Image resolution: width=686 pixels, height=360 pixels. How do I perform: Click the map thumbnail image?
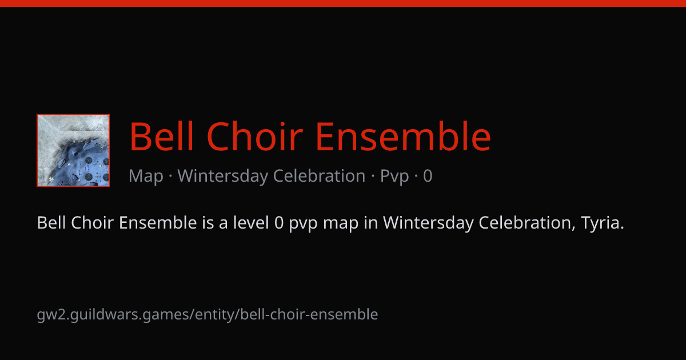[x=73, y=150]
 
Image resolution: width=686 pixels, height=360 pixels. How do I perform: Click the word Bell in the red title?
[x=162, y=136]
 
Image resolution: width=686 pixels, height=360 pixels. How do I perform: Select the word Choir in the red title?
[x=255, y=136]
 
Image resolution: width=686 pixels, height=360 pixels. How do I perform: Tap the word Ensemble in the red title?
[x=404, y=136]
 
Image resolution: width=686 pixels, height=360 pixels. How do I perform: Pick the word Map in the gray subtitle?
[x=146, y=176]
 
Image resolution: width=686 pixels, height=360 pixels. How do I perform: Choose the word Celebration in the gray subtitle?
[x=319, y=176]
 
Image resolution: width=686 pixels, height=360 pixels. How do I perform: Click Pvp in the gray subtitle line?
[x=394, y=177]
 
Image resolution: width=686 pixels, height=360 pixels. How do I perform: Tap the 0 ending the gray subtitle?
[x=428, y=176]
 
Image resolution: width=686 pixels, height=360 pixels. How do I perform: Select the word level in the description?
[x=251, y=222]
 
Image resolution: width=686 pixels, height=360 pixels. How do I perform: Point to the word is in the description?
[x=208, y=222]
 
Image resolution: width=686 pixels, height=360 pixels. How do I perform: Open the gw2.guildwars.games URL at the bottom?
[x=208, y=315]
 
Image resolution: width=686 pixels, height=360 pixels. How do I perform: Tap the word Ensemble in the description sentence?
[x=158, y=222]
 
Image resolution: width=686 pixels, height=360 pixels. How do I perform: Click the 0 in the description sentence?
[x=279, y=222]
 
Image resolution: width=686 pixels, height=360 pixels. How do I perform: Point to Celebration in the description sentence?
[x=527, y=222]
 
